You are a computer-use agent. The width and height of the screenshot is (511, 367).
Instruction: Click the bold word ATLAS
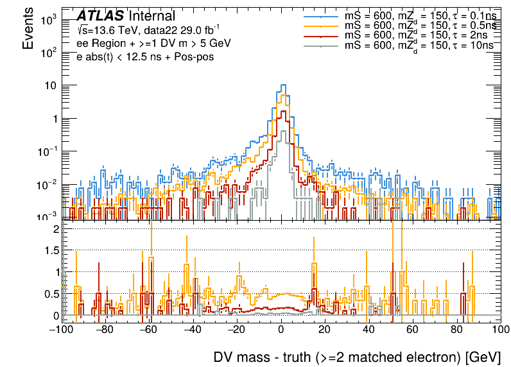click(100, 16)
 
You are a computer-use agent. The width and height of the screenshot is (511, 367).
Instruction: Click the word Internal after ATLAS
click(152, 16)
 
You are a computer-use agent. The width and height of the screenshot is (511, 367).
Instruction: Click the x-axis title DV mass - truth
click(356, 357)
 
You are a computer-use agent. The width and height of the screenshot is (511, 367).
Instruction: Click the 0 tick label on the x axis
click(281, 330)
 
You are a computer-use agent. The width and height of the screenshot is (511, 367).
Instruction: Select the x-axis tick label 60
click(413, 330)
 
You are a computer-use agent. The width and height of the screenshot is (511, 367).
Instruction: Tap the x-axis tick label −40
click(192, 330)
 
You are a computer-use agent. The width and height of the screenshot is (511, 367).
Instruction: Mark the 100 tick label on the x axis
click(499, 330)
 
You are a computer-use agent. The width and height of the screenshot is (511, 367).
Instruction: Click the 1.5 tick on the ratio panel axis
click(51, 250)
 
